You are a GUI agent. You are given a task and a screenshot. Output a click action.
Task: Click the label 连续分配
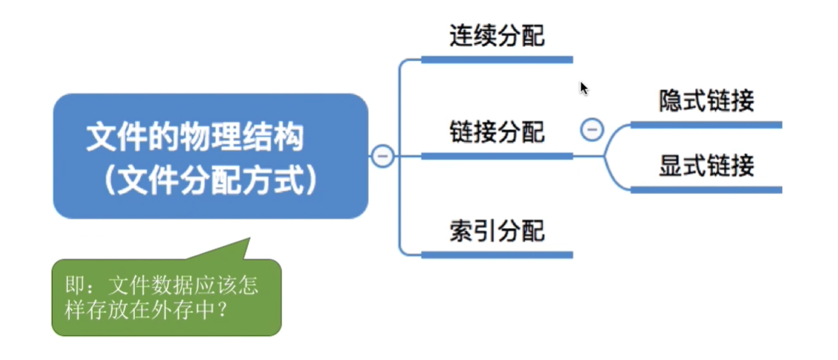click(x=496, y=35)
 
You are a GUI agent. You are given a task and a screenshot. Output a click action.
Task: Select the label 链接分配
click(x=496, y=132)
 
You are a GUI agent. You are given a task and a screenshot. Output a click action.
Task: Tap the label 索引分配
click(x=496, y=230)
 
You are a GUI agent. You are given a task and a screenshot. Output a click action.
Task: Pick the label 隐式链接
click(x=706, y=101)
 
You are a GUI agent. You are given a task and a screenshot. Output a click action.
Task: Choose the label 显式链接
click(x=706, y=166)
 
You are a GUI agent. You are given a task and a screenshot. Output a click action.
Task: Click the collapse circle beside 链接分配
click(x=591, y=130)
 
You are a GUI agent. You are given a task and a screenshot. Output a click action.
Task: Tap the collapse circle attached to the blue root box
click(x=382, y=156)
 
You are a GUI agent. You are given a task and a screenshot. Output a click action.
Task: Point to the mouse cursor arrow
click(x=583, y=87)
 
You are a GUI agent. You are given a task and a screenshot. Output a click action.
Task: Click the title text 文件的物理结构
click(x=195, y=137)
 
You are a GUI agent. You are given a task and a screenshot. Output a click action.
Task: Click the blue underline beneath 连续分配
click(x=496, y=59)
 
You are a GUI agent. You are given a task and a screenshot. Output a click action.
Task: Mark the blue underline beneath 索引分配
click(x=496, y=254)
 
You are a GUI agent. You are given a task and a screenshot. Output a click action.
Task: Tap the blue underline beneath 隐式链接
click(x=706, y=125)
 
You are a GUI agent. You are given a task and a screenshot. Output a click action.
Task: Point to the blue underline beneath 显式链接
click(x=706, y=189)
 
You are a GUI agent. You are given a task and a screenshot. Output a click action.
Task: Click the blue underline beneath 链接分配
click(x=496, y=156)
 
